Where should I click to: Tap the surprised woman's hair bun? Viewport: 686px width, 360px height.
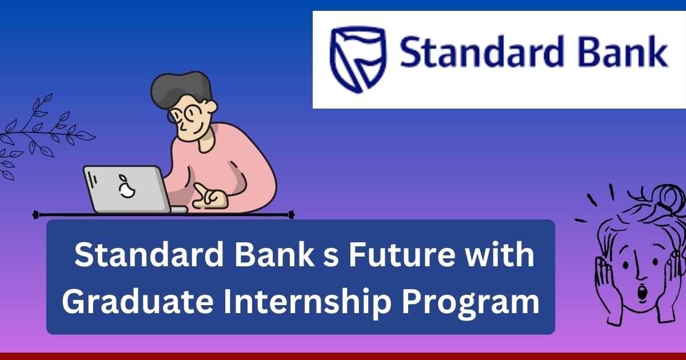(669, 198)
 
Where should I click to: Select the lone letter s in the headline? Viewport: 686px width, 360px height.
(328, 256)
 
